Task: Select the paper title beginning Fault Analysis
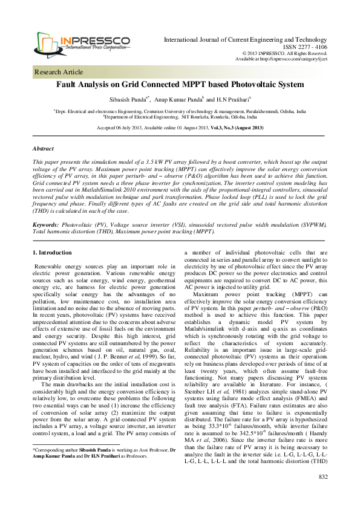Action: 179,86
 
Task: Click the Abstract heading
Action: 43,148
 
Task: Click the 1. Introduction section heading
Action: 56,251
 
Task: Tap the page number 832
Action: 322,494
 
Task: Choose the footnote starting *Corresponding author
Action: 103,466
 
